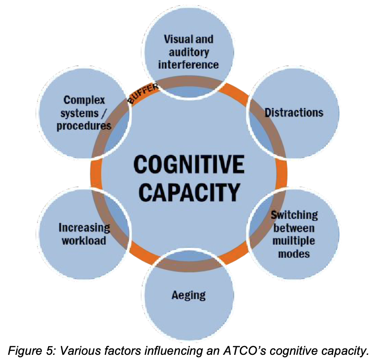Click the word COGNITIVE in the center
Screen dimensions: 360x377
click(188, 165)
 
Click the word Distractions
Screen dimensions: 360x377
click(294, 113)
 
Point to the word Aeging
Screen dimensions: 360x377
click(188, 295)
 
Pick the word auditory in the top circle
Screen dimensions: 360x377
click(188, 52)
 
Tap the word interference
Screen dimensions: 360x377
click(188, 65)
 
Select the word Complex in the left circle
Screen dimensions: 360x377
click(84, 100)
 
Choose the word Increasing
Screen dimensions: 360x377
click(85, 227)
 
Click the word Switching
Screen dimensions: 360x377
click(295, 215)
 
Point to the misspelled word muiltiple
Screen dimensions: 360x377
click(294, 240)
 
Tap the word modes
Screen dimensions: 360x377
click(294, 253)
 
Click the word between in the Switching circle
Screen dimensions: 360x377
click(294, 227)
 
